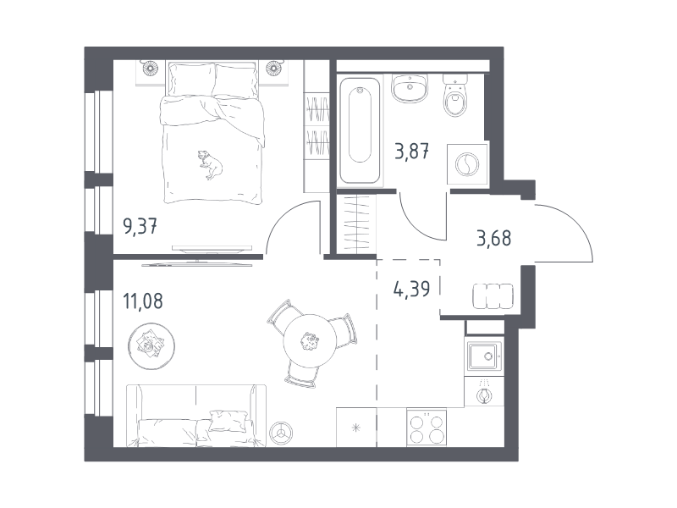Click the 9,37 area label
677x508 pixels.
tap(140, 226)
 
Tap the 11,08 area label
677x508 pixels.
tap(143, 301)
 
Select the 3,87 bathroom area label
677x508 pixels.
tap(412, 152)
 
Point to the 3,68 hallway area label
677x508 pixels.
tap(494, 238)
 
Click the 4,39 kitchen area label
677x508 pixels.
tap(411, 289)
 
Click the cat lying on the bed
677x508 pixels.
tap(210, 164)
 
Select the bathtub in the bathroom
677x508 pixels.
tap(361, 130)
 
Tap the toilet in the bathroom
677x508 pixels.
tap(455, 95)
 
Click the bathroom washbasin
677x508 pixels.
tap(410, 88)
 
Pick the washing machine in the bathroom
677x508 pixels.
tap(467, 164)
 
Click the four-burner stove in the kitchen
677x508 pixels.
tap(427, 428)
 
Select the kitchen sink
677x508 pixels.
tap(484, 356)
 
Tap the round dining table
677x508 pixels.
tap(310, 341)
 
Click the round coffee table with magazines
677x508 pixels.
tap(151, 346)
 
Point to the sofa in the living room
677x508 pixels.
tap(196, 416)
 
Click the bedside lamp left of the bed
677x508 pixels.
tap(151, 68)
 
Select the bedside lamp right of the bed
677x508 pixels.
tap(273, 68)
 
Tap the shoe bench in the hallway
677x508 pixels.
tap(493, 296)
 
